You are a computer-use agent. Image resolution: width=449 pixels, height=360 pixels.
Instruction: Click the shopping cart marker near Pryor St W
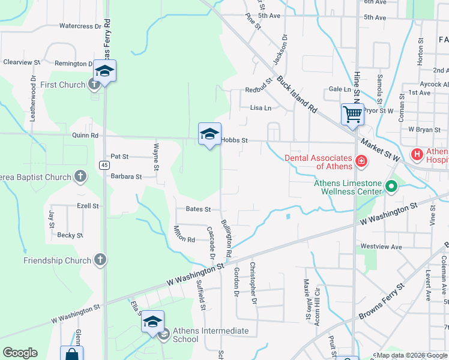pyautogui.click(x=352, y=113)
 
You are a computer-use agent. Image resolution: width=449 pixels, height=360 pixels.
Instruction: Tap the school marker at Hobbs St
pyautogui.click(x=209, y=134)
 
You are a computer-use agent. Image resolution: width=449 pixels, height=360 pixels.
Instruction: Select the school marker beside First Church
pyautogui.click(x=104, y=71)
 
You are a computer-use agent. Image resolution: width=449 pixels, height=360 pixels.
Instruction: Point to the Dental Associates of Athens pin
pyautogui.click(x=361, y=160)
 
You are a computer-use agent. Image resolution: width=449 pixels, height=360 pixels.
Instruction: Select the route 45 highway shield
pyautogui.click(x=105, y=164)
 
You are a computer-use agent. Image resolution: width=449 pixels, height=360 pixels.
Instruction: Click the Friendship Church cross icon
pyautogui.click(x=100, y=260)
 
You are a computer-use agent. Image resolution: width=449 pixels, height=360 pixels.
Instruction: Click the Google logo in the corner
pyautogui.click(x=20, y=353)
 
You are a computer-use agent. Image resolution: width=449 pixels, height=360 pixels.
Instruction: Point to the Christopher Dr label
pyautogui.click(x=253, y=278)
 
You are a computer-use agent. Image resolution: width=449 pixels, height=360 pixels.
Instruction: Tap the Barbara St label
pyautogui.click(x=126, y=177)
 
